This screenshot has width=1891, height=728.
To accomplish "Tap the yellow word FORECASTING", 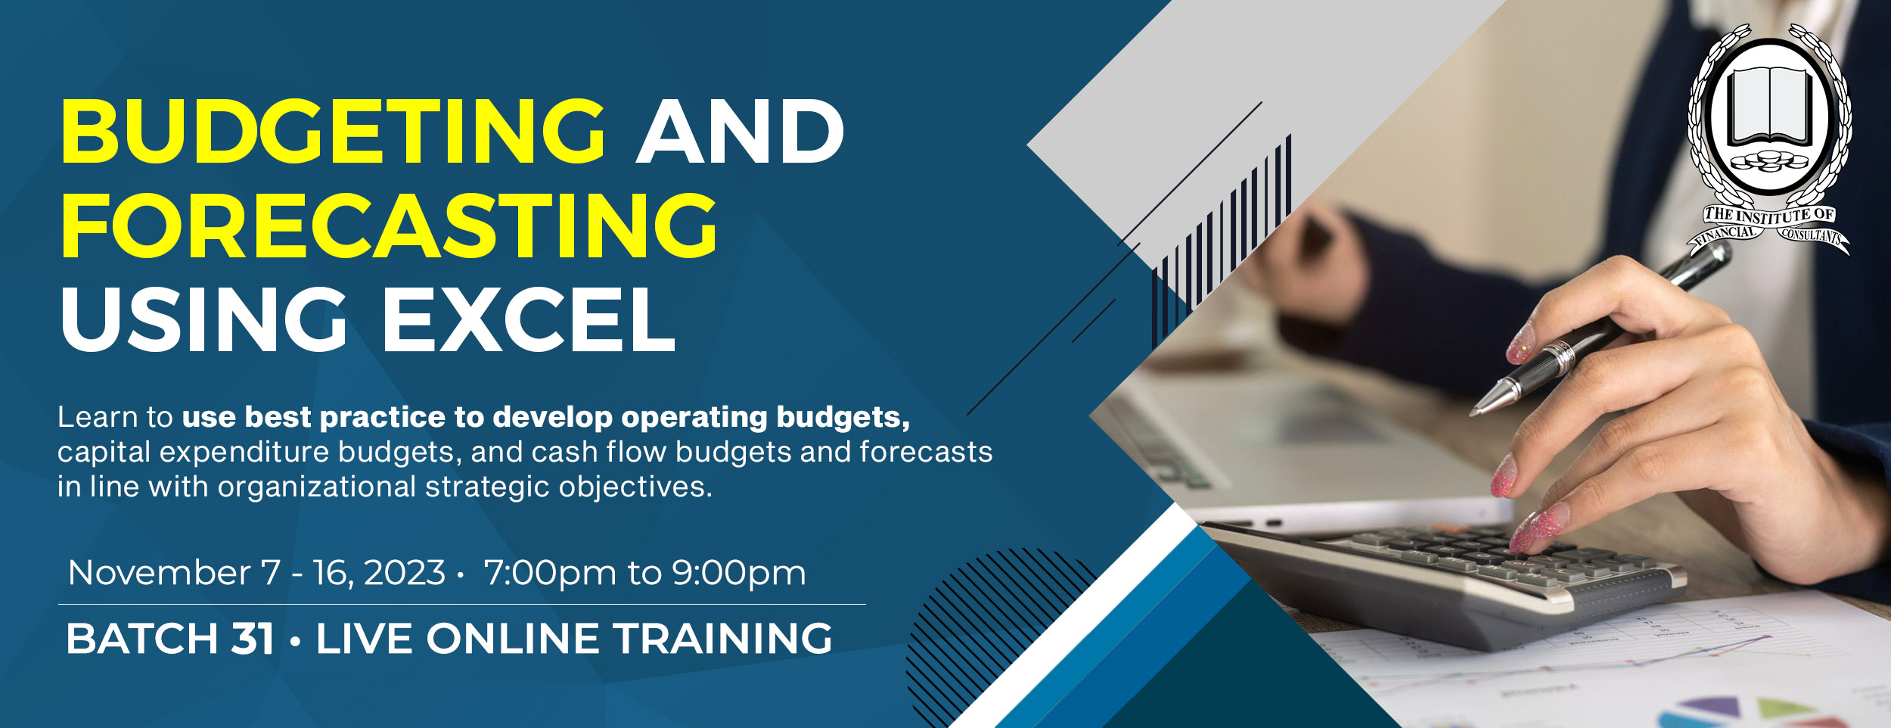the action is tap(389, 225).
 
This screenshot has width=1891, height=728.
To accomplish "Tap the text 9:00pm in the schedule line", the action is tap(739, 573).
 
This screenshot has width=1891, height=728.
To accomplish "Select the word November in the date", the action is tap(160, 572).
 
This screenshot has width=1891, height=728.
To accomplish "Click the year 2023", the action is tap(405, 572).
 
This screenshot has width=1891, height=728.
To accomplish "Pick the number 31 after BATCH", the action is tap(253, 638).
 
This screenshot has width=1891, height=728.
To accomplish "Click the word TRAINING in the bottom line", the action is tap(722, 638).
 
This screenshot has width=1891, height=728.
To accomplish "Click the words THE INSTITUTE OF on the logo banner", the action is tap(1769, 215).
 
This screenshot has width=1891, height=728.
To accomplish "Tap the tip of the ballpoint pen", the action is tap(1472, 414).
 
